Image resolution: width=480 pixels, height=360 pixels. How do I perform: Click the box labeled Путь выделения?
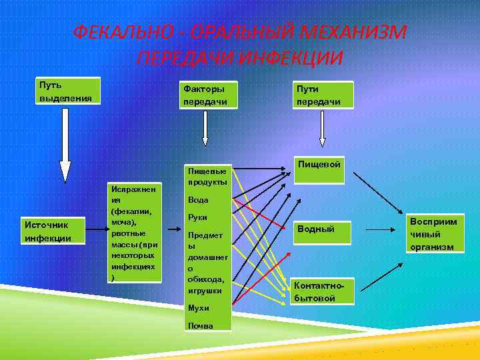(x=67, y=91)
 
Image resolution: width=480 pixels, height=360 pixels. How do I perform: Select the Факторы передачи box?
(x=207, y=95)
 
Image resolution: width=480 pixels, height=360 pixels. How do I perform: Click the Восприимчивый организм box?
(x=434, y=234)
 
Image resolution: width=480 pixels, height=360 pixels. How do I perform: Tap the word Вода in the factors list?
(x=198, y=200)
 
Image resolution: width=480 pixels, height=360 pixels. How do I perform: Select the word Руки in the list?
(x=198, y=217)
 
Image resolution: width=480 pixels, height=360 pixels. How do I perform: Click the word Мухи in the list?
(x=198, y=308)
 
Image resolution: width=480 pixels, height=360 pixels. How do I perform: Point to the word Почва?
(x=200, y=325)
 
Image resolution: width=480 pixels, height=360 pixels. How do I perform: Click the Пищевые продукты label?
(x=207, y=176)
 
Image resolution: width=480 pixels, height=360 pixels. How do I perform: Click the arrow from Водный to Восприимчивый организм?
(x=385, y=229)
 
